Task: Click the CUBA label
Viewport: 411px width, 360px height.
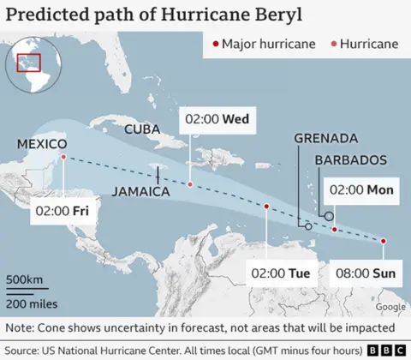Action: point(142,129)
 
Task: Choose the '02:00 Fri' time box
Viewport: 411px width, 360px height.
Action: point(62,209)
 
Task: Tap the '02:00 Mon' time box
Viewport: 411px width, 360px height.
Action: point(360,190)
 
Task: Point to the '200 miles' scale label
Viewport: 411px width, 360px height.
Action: point(27,304)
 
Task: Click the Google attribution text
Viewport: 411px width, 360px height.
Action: point(390,307)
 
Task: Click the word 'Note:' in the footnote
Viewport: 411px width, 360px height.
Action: point(20,327)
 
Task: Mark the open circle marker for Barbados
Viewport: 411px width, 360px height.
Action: point(329,216)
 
